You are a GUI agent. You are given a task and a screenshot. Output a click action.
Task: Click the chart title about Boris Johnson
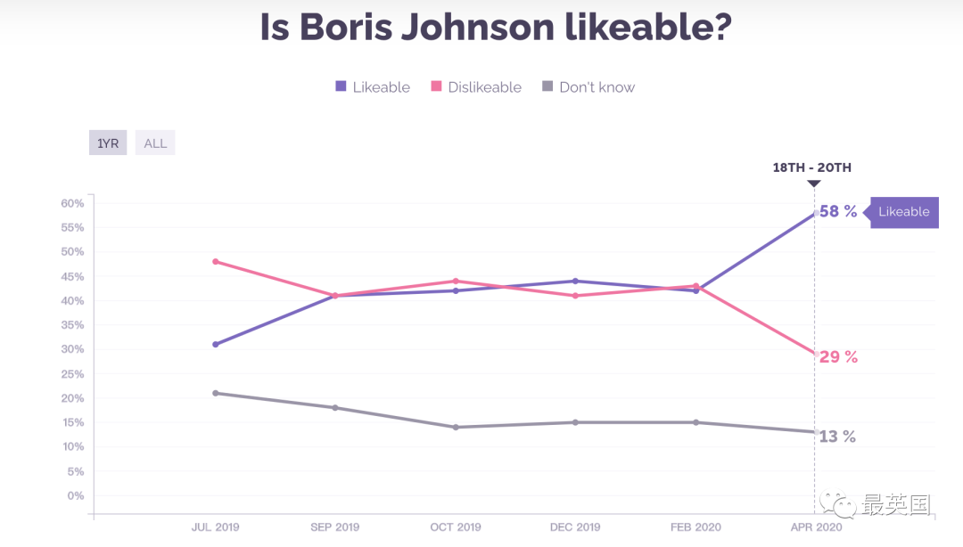(496, 28)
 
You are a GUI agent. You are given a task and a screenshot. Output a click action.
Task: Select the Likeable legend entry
(373, 87)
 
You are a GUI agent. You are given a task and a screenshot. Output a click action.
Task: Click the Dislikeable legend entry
(476, 87)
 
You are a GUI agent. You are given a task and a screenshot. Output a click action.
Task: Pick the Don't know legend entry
(588, 87)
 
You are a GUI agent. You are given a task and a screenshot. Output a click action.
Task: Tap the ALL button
(155, 143)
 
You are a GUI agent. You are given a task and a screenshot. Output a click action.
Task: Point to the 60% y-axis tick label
(72, 203)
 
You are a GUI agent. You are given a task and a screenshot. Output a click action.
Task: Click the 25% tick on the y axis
(72, 374)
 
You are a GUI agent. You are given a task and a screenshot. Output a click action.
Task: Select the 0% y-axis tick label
(76, 495)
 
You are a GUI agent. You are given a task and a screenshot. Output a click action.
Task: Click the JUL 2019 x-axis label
(215, 527)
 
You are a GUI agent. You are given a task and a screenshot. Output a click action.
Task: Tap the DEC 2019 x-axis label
(575, 527)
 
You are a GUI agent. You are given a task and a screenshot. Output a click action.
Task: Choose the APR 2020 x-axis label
(816, 527)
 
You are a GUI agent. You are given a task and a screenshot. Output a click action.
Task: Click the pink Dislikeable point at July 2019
(216, 262)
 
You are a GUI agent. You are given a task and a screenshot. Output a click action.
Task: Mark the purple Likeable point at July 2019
(216, 344)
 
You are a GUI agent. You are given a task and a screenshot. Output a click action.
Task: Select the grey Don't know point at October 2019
(456, 428)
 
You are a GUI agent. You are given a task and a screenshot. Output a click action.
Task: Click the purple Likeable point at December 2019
(575, 282)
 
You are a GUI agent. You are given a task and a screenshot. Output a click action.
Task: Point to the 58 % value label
(838, 212)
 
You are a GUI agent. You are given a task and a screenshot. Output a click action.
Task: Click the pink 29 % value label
(838, 357)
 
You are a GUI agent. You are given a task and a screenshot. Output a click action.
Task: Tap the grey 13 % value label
(837, 437)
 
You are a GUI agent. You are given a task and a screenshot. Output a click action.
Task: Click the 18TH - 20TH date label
(812, 167)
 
